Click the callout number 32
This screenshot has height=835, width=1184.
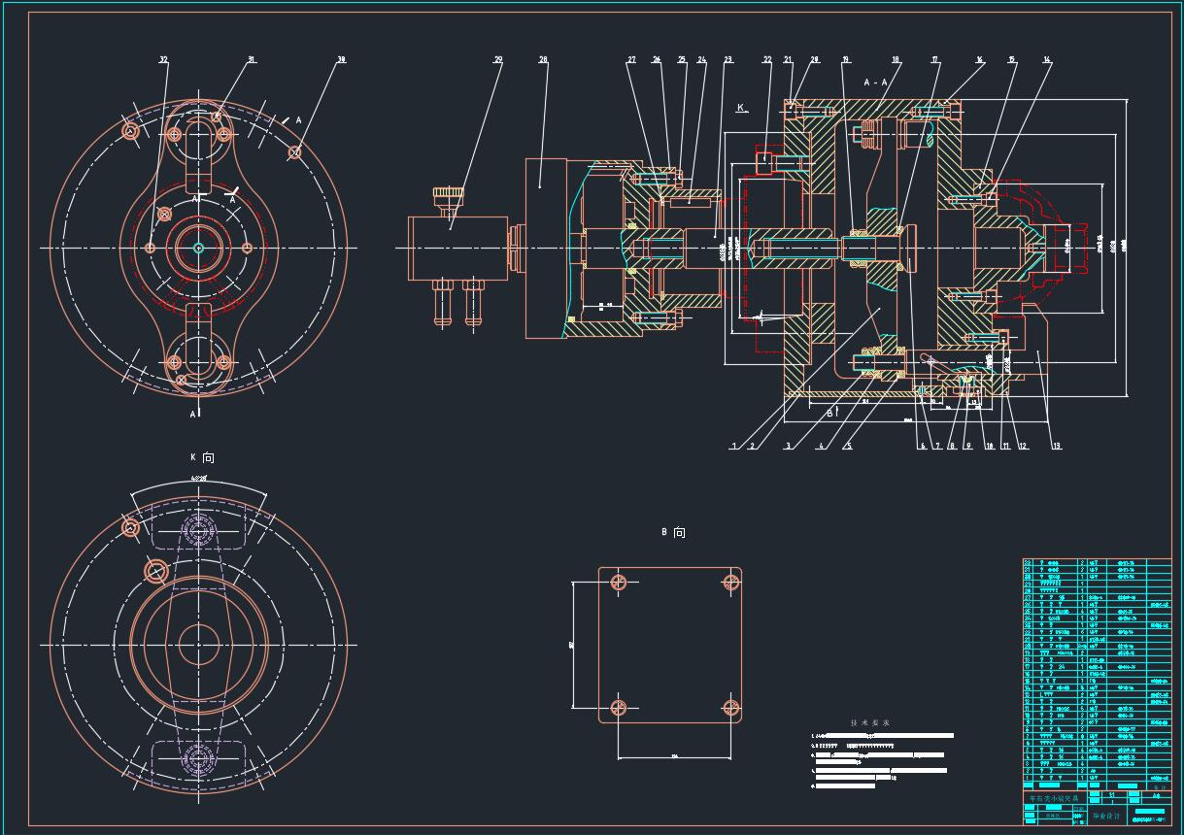pyautogui.click(x=163, y=60)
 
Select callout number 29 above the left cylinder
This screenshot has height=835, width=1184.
pyautogui.click(x=498, y=60)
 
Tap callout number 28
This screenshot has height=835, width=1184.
pyautogui.click(x=543, y=60)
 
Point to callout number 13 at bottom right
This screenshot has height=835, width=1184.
pyautogui.click(x=1057, y=447)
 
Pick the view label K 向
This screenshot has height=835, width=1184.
pyautogui.click(x=202, y=457)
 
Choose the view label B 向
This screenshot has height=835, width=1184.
pyautogui.click(x=673, y=533)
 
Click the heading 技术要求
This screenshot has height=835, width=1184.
pyautogui.click(x=869, y=723)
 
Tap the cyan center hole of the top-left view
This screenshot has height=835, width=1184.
pyautogui.click(x=198, y=248)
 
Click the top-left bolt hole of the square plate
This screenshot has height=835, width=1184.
pyautogui.click(x=618, y=583)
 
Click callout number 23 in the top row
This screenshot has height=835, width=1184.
pyautogui.click(x=727, y=60)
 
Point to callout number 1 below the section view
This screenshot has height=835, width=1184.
pyautogui.click(x=735, y=447)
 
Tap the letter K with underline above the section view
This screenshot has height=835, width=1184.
pyautogui.click(x=741, y=108)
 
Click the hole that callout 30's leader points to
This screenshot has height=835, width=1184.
pyautogui.click(x=294, y=152)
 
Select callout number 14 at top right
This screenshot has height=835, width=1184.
pyautogui.click(x=1047, y=60)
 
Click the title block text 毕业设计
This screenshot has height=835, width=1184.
pyautogui.click(x=1105, y=817)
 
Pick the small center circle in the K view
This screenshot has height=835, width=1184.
pyautogui.click(x=198, y=645)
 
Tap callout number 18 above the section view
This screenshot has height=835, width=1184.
pyautogui.click(x=896, y=60)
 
